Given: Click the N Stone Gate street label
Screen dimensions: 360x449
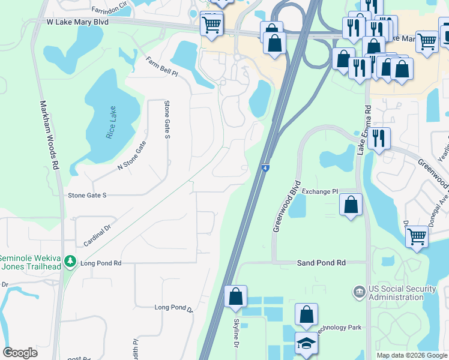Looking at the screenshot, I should pyautogui.click(x=131, y=155).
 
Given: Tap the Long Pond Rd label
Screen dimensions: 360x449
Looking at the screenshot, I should pyautogui.click(x=101, y=263).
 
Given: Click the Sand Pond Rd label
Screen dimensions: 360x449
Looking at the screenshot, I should pyautogui.click(x=322, y=263).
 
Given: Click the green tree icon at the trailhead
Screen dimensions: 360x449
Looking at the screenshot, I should pyautogui.click(x=71, y=262).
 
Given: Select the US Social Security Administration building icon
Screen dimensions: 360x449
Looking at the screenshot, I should pyautogui.click(x=359, y=292).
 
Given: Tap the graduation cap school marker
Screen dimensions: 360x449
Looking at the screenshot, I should pyautogui.click(x=307, y=343).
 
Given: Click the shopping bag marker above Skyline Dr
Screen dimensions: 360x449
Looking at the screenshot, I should pyautogui.click(x=235, y=295).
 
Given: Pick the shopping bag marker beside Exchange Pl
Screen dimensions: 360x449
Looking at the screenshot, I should pyautogui.click(x=351, y=204).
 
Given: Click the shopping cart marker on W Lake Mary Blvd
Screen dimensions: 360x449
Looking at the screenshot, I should pyautogui.click(x=211, y=25).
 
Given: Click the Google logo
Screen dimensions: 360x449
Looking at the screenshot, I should pyautogui.click(x=20, y=353).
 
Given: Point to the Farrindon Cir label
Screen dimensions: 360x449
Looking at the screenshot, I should pyautogui.click(x=110, y=10).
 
